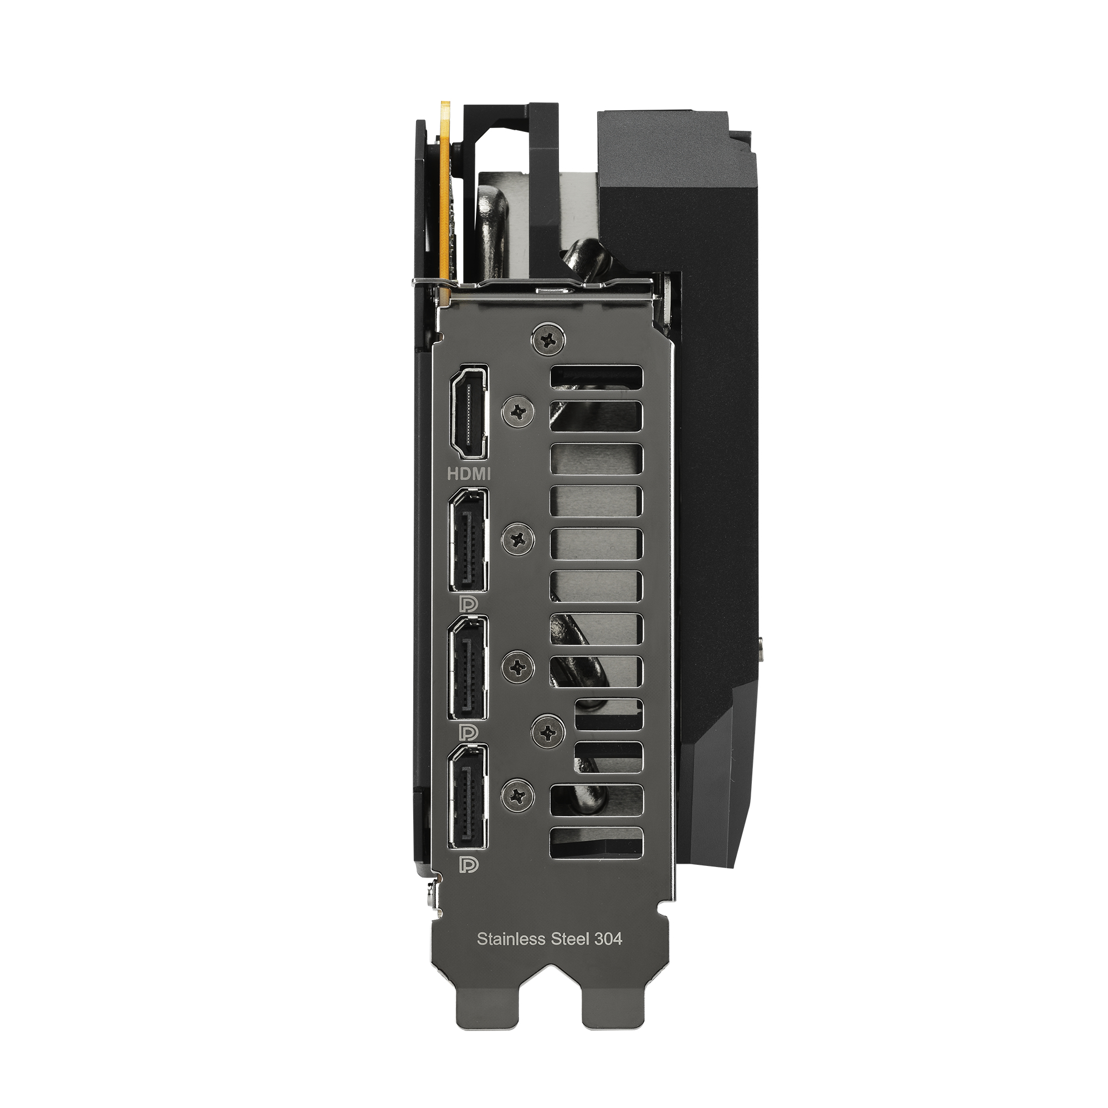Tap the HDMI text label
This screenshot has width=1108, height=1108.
[469, 474]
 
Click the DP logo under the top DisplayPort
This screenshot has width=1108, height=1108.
[469, 604]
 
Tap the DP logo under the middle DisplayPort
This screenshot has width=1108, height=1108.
[469, 732]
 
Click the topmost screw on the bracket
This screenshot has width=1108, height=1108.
[550, 341]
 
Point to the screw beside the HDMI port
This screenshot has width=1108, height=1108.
[519, 411]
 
